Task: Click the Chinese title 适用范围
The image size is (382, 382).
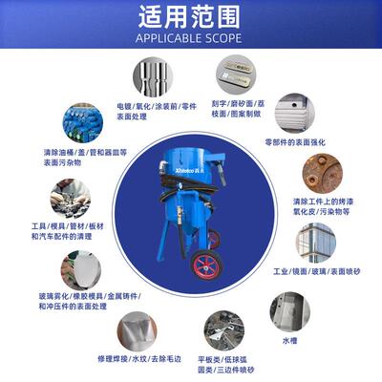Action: tap(191, 18)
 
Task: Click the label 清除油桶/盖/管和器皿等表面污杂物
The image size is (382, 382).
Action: tap(74, 157)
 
